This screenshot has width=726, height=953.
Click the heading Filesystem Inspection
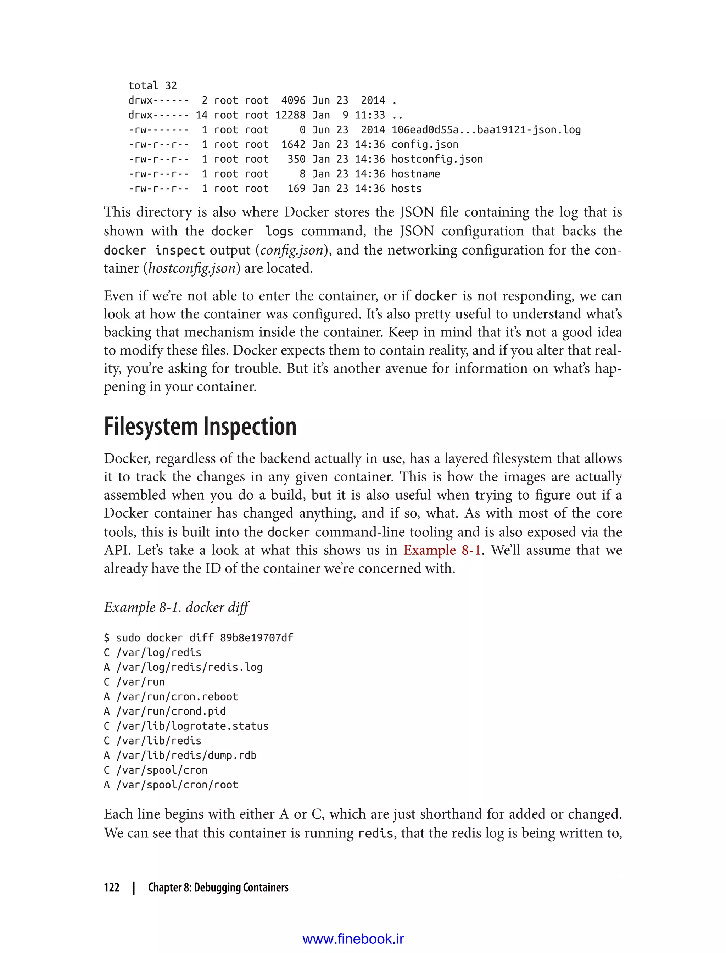point(200,427)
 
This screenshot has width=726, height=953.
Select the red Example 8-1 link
point(442,550)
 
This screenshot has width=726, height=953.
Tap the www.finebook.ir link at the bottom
point(353,939)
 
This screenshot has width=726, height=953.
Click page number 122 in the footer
point(112,887)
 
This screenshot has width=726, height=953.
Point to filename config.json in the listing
point(424,144)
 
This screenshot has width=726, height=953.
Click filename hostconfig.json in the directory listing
point(436,159)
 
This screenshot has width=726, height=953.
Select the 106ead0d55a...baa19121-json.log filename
point(486,130)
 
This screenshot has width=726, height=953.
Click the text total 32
point(152,85)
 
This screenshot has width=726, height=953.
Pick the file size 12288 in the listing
point(290,115)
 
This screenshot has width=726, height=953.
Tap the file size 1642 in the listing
point(293,144)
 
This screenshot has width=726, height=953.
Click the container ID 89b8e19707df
point(256,637)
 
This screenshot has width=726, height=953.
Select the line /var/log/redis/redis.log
point(189,667)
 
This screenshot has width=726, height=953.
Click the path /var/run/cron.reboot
point(177,696)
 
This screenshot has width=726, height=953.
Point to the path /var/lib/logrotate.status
point(192,726)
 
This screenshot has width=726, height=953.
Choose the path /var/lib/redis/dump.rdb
point(186,755)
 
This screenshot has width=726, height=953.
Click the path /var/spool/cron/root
point(177,785)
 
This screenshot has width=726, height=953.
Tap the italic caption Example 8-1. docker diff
point(176,607)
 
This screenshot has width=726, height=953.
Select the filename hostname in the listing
point(415,174)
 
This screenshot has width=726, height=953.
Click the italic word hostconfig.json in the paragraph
point(191,268)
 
